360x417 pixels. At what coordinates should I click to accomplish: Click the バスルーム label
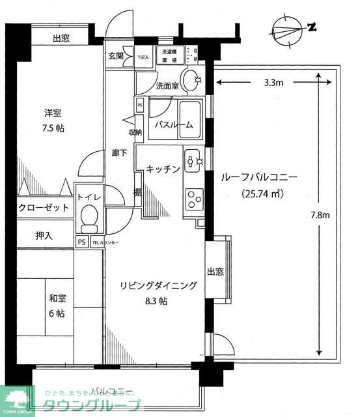173,125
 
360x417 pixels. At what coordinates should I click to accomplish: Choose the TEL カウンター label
106,242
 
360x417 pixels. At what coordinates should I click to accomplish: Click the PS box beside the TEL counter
81,242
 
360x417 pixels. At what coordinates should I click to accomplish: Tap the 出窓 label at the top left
62,38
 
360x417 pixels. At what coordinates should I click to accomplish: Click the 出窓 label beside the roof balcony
216,272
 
